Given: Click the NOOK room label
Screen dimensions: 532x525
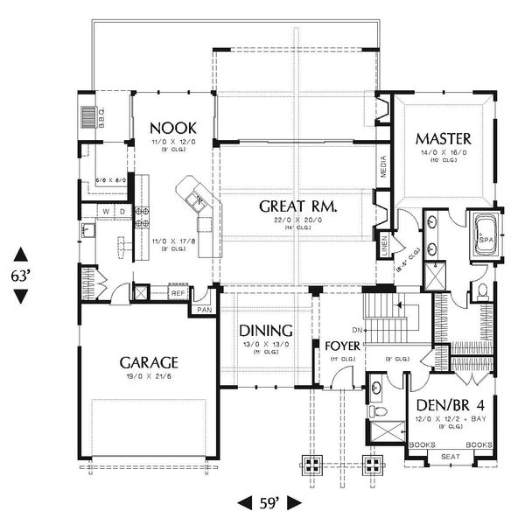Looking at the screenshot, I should click(171, 126).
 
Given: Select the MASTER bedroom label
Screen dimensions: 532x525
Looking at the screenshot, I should click(444, 138).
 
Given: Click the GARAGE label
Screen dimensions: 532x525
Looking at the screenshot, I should click(150, 361).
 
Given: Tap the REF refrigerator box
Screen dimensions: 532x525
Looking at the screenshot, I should click(178, 294).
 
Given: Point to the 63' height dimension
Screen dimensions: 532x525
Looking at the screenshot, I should click(20, 273).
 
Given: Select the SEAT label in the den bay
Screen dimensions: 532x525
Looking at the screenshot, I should click(450, 456).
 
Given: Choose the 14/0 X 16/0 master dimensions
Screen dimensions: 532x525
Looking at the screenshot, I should click(444, 151).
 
